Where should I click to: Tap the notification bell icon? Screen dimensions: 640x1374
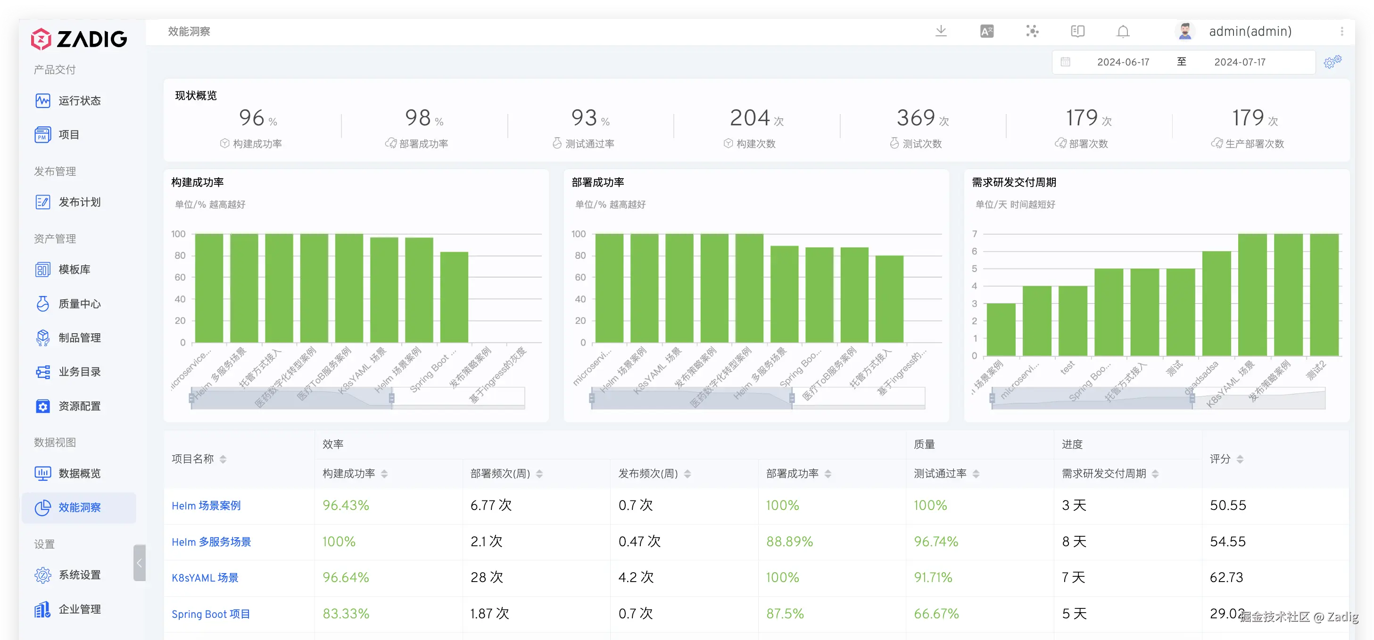(1123, 32)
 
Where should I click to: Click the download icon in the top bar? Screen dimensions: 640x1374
(941, 31)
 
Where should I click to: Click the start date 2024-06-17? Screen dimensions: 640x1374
(1123, 62)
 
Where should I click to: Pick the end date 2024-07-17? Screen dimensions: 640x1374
(1240, 62)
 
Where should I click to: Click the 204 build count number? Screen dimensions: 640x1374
(749, 118)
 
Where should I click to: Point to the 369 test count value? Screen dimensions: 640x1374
(916, 118)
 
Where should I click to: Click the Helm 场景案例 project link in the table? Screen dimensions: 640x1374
(206, 506)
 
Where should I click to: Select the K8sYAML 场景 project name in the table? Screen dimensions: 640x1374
(205, 578)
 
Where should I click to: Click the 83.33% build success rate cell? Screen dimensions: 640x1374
(346, 614)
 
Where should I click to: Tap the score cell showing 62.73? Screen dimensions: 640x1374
(1226, 578)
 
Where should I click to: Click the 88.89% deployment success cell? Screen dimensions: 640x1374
(789, 542)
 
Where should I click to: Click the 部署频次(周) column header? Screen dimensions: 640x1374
(500, 474)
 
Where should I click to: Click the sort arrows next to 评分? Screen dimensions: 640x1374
(1240, 459)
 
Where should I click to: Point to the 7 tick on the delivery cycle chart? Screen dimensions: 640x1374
(975, 234)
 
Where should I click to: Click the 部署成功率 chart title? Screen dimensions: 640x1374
(597, 182)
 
